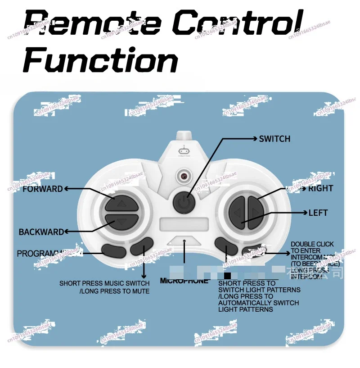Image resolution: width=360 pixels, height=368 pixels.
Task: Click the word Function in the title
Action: point(100,61)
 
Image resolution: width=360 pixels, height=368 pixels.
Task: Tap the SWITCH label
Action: point(274,139)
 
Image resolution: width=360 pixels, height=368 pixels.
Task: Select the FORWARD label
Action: point(43,189)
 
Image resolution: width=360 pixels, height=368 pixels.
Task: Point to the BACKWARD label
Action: point(41,232)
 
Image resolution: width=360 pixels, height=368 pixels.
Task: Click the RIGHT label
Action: point(320,188)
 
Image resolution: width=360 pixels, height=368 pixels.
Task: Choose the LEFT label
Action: point(318,213)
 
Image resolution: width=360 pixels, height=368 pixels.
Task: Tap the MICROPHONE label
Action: point(184,281)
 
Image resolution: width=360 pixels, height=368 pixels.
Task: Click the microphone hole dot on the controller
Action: point(184,241)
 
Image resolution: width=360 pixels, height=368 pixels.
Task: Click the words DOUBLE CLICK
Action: point(312,244)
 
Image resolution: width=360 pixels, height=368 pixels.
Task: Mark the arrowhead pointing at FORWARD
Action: point(66,189)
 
